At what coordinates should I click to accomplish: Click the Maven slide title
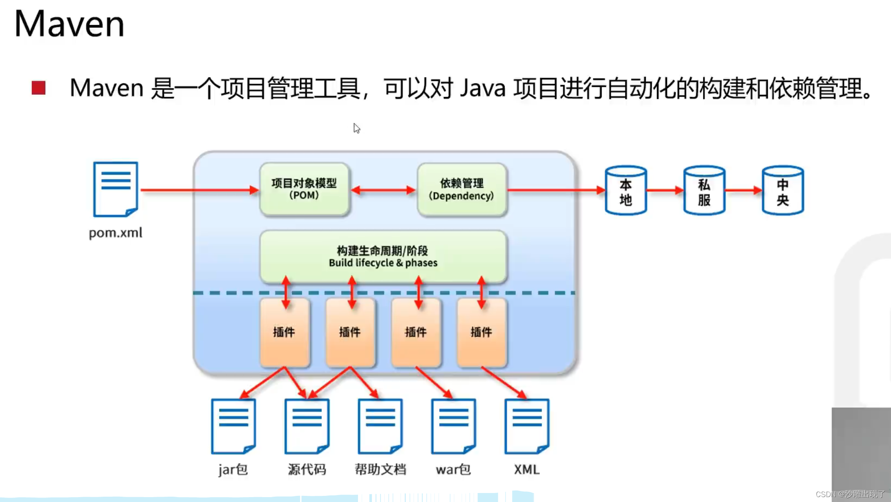point(69,24)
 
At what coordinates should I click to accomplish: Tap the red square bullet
point(38,88)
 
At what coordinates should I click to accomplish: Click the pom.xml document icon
point(116,189)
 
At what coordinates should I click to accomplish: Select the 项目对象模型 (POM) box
point(304,189)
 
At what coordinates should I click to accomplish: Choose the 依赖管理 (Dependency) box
point(461,189)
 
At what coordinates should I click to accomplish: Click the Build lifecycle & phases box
point(383,256)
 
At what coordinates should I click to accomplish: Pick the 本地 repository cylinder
point(625,190)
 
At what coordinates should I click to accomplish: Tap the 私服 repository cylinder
point(704,190)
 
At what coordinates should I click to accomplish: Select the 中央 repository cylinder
point(782,190)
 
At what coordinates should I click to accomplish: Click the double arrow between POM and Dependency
point(383,190)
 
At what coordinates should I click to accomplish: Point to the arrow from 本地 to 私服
point(665,190)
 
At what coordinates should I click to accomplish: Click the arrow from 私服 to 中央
point(743,190)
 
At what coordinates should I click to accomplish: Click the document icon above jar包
point(233,426)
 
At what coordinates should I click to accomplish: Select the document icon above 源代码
point(307,426)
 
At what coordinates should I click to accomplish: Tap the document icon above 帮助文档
point(380,426)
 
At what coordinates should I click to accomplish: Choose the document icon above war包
point(453,426)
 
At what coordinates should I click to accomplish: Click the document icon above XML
point(527,426)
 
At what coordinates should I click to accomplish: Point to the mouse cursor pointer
point(356,128)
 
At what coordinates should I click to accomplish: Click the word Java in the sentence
point(483,88)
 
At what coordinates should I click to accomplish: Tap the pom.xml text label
point(116,233)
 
